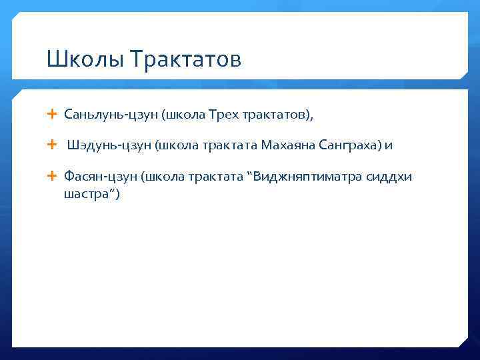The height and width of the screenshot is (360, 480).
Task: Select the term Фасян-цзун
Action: [x=100, y=177]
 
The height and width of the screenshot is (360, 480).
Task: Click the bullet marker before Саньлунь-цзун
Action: [x=53, y=115]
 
